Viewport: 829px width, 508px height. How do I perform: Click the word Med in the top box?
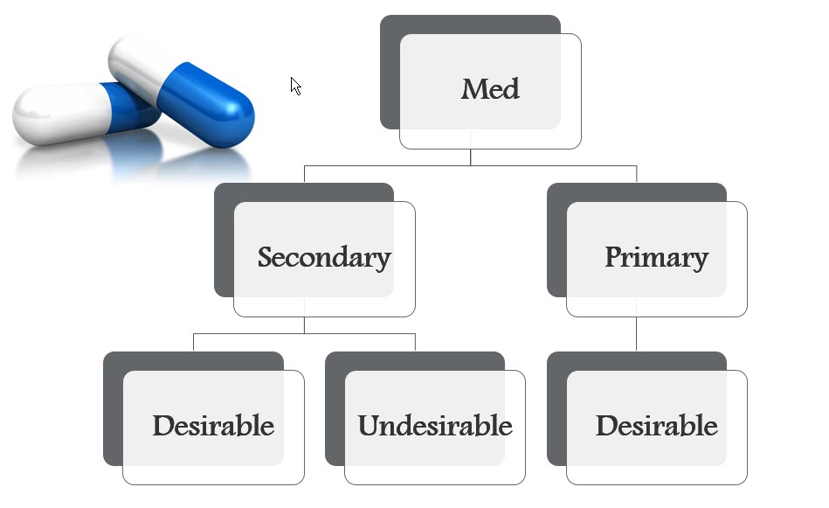click(490, 89)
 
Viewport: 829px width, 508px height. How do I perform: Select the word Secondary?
click(323, 258)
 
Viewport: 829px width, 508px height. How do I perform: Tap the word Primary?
click(656, 258)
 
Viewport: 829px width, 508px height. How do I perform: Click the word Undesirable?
click(434, 427)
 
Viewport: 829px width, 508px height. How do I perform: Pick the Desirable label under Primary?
click(656, 427)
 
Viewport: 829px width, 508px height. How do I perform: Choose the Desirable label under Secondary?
click(213, 427)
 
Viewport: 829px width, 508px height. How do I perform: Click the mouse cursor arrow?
click(294, 84)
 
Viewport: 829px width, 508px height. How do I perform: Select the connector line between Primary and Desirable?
click(636, 334)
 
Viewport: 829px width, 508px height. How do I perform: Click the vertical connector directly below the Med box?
click(470, 157)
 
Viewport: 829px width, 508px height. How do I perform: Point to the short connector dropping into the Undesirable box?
click(415, 342)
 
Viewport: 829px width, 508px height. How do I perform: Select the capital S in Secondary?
click(266, 258)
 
